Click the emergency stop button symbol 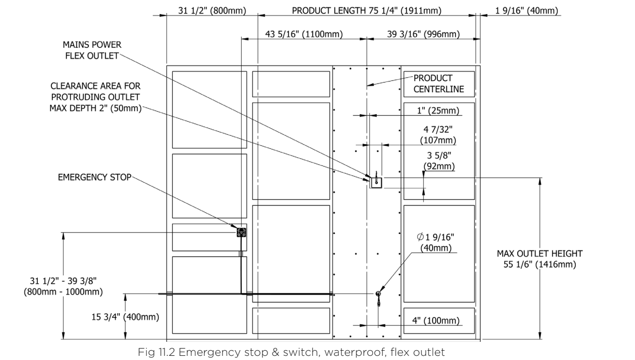coord(241,232)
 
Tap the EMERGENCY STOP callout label coord(94,177)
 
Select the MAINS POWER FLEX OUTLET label coord(92,50)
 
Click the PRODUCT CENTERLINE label coord(438,84)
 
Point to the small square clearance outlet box coord(377,183)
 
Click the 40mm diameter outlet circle coord(378,294)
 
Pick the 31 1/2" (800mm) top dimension coord(212,10)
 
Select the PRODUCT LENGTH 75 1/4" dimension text coord(367,10)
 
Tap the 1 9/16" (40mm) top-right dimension coord(527,10)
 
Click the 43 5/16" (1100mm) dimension coord(304,34)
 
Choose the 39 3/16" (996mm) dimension coord(423,34)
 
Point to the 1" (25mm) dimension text coord(438,110)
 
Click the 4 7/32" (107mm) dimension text coord(438,135)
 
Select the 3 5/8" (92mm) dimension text coord(439,161)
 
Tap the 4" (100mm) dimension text coord(436,321)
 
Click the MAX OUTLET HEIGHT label coord(540,259)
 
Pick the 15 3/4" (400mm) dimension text coord(126,316)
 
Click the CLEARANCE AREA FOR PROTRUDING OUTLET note coord(95,97)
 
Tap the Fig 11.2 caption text coord(291,352)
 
